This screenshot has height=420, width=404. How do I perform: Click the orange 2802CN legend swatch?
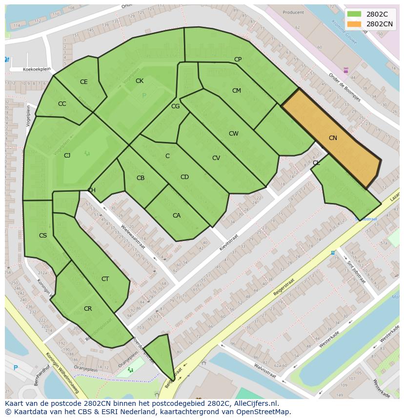(x=355, y=24)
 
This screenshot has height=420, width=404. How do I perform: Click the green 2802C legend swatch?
(x=355, y=14)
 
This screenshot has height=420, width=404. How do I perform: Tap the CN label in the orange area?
(x=333, y=138)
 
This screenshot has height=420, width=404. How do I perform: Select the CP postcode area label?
(x=238, y=60)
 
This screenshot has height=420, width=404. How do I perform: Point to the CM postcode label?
(x=236, y=91)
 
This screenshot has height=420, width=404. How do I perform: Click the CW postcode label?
(x=233, y=134)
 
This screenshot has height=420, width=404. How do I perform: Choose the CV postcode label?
(x=216, y=158)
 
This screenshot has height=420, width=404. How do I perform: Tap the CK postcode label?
(x=140, y=81)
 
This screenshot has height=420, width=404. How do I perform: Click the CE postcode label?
(x=83, y=82)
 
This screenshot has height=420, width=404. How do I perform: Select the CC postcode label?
(x=62, y=104)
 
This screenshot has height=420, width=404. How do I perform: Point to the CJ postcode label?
(x=67, y=156)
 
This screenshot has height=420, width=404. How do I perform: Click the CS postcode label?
(x=43, y=236)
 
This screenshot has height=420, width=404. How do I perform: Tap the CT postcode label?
(x=105, y=279)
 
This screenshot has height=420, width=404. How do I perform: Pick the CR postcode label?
(x=88, y=309)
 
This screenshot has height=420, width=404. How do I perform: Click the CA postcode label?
(x=177, y=216)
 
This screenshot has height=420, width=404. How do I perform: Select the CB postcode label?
(x=141, y=178)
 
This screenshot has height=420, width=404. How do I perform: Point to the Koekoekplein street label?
(x=37, y=69)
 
